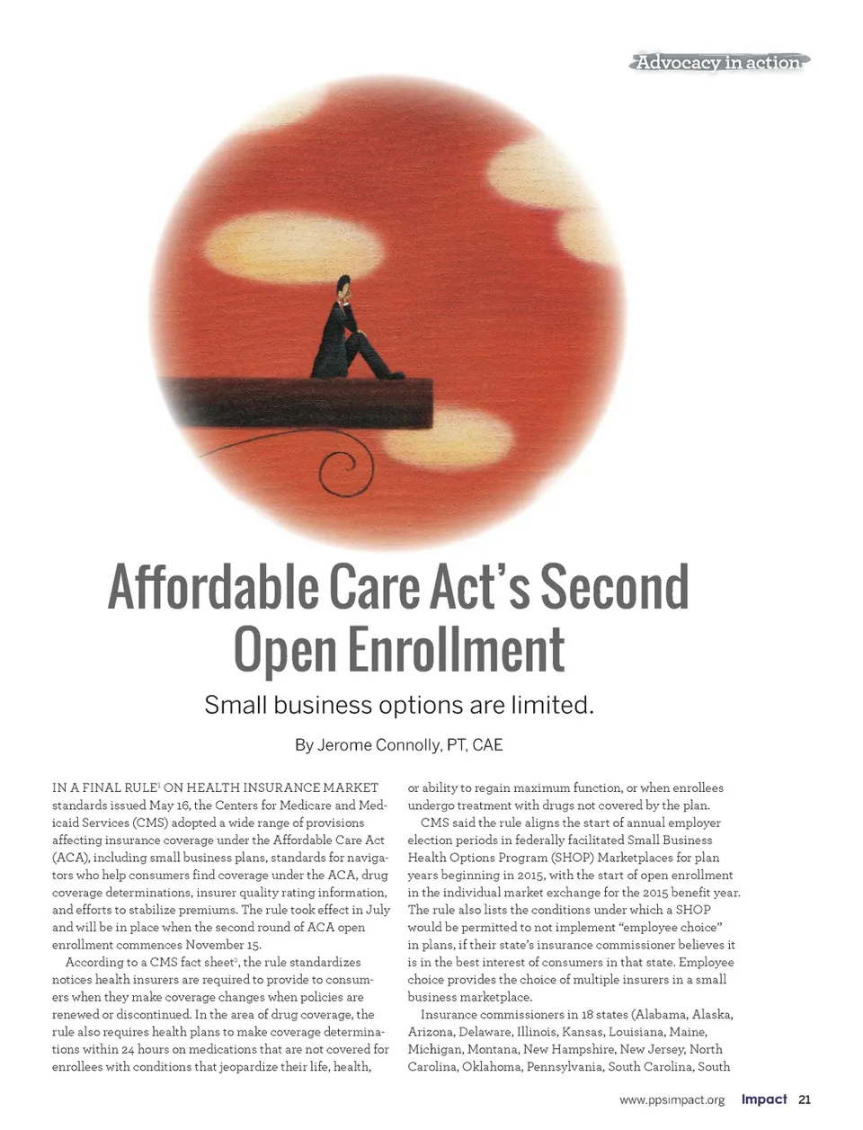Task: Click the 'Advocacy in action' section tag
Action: [718, 62]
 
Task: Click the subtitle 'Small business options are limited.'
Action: [399, 705]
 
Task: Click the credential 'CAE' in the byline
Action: [487, 745]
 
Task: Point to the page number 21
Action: [805, 1099]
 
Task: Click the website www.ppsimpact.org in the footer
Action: [672, 1099]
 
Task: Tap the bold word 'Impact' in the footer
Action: [764, 1099]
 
